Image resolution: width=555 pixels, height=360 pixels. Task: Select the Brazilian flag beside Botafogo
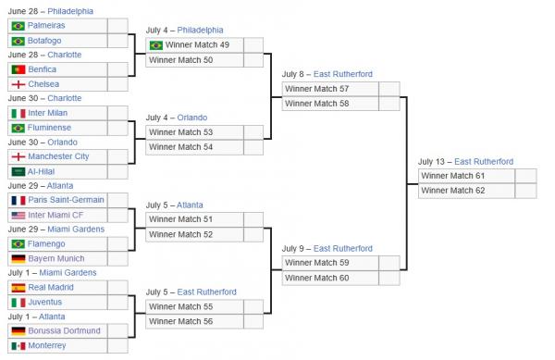[x=18, y=41]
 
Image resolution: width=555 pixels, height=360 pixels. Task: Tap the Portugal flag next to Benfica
[x=18, y=69]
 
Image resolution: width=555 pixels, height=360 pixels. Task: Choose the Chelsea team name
[x=45, y=84]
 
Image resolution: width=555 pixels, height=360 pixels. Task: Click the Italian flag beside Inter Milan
[x=18, y=113]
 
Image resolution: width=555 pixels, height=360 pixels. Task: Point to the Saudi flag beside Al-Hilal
[x=18, y=171]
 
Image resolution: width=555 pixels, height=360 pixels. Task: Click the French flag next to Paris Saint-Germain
[x=18, y=200]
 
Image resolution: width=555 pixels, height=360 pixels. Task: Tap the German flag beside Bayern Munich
[x=18, y=258]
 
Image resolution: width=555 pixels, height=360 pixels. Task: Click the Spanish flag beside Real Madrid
[x=18, y=287]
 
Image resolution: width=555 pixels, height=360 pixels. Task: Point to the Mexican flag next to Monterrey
[x=18, y=345]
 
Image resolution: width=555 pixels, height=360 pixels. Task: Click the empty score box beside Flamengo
[x=117, y=243]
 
